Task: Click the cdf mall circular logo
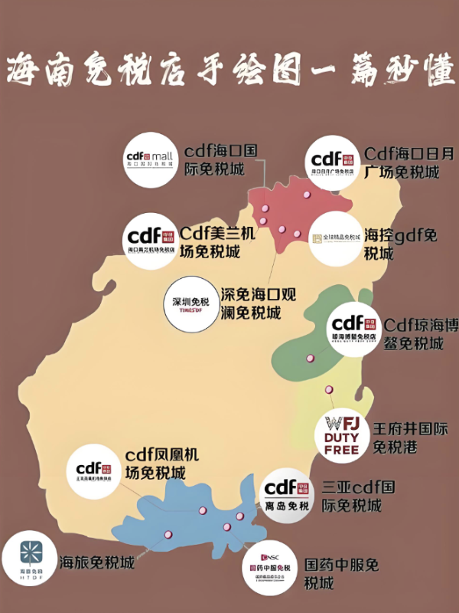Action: tap(151, 162)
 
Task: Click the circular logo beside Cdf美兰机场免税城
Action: tap(151, 241)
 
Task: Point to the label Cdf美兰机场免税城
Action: tap(218, 241)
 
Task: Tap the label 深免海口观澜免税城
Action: tap(258, 303)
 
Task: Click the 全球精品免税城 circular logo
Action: tap(336, 238)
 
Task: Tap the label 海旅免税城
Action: tap(96, 562)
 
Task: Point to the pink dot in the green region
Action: tap(310, 358)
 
